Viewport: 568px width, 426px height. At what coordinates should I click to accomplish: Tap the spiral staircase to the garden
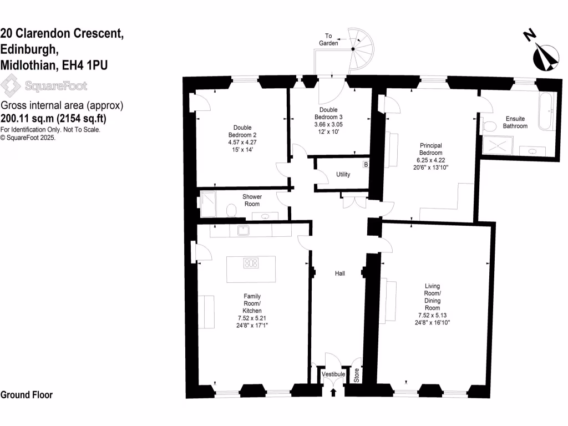pos(362,47)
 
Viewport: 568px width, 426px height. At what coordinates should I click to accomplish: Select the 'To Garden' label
pos(328,39)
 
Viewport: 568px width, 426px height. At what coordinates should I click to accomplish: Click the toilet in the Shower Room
pos(232,210)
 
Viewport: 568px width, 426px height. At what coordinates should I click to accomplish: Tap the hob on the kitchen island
pos(251,263)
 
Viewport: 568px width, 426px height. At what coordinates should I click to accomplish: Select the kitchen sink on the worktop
pos(243,230)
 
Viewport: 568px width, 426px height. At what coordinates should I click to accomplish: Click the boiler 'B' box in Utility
pos(366,164)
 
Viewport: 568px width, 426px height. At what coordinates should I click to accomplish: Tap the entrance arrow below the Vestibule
pos(333,393)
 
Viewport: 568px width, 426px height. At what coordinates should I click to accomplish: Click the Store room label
pos(357,376)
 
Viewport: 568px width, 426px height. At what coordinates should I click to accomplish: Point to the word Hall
pos(339,273)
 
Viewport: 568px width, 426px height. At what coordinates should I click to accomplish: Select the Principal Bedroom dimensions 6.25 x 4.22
pos(431,160)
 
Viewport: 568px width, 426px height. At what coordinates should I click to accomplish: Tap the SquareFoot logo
pos(44,86)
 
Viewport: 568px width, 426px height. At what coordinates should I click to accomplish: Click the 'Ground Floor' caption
pos(27,395)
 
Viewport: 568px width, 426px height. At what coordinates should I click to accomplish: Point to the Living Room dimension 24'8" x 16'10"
pos(432,322)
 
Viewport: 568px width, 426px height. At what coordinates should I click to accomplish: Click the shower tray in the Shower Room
pos(207,200)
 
